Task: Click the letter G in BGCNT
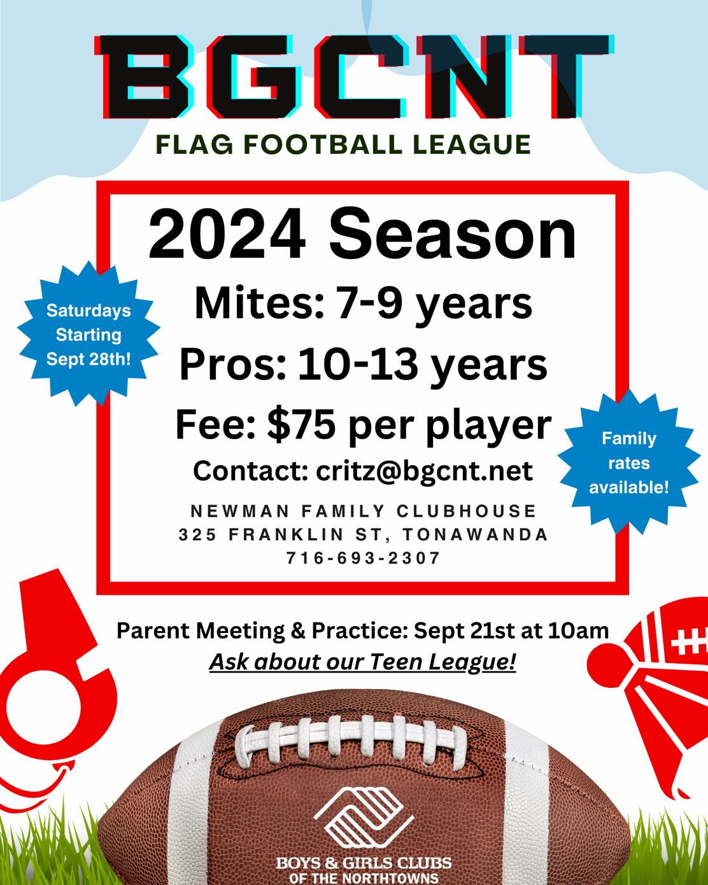pos(250,77)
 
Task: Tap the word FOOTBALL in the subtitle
pos(323,144)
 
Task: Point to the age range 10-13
pos(358,364)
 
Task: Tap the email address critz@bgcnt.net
pos(424,470)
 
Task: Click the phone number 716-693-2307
pos(364,558)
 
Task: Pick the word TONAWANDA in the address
pos(476,534)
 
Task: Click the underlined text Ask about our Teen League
pos(363,662)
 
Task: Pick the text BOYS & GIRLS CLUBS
pos(364,863)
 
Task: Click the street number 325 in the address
pos(197,534)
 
